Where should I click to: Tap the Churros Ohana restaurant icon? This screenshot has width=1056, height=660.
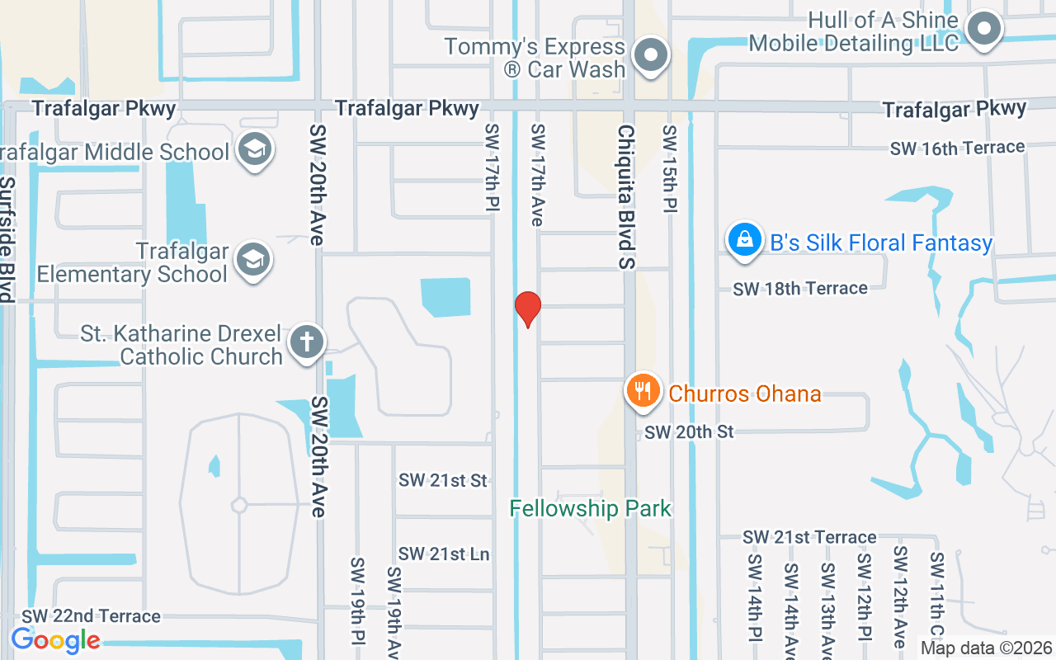643,390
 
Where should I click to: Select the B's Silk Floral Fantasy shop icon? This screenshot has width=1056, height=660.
744,240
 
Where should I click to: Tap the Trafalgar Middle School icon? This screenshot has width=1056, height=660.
255,150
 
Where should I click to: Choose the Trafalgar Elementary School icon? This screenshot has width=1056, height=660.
254,260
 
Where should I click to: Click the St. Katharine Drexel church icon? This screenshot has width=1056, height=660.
306,342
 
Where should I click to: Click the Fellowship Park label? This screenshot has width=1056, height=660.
591,508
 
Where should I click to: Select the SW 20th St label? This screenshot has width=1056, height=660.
689,431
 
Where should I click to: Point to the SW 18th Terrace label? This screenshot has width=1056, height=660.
800,288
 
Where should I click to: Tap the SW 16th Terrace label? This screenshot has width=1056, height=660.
957,148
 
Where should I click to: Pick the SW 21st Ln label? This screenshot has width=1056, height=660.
444,554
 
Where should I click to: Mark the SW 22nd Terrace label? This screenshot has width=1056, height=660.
91,616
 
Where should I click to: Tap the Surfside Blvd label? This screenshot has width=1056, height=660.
7,239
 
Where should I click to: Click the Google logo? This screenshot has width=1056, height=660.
56,640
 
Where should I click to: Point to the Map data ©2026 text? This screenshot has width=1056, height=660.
986,648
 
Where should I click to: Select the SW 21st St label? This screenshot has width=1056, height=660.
443,480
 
